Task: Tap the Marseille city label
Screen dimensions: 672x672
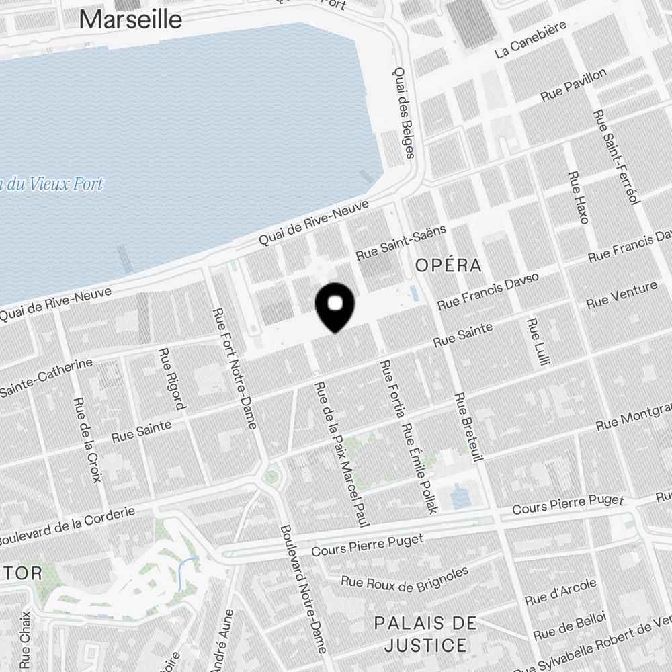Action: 130,19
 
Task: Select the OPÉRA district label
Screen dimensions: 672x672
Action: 448,265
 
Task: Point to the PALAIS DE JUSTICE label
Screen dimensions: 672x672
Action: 421,634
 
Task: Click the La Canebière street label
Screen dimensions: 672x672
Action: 530,39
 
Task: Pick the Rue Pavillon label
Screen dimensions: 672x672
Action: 573,85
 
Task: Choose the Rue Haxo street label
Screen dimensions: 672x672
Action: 578,197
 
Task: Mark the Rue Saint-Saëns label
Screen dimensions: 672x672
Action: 401,243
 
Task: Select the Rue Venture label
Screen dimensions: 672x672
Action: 622,295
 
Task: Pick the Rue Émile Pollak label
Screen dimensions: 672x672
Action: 419,468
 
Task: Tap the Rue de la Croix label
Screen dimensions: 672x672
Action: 88,439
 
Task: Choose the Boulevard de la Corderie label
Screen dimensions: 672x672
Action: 67,526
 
